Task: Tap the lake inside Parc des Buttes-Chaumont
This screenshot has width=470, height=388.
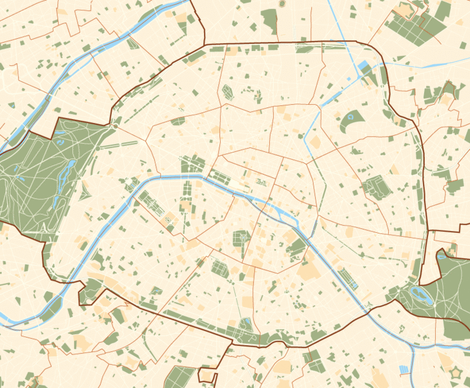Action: (351, 117)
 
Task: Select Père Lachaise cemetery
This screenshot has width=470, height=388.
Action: (373, 188)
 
